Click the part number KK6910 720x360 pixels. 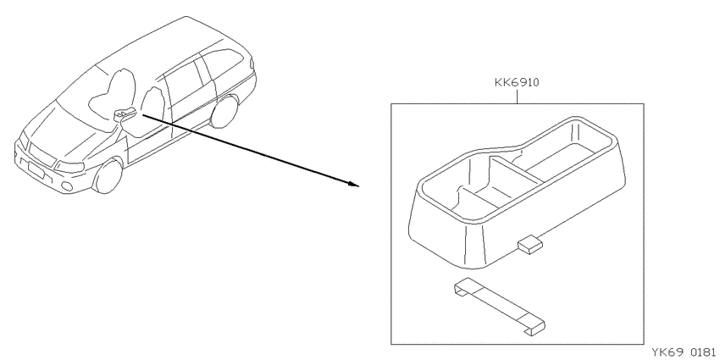click(x=517, y=83)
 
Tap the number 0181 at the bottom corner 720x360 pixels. click(x=703, y=352)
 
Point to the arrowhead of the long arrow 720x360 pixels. click(x=352, y=184)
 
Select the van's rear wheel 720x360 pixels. click(x=224, y=111)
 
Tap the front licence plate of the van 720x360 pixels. click(x=35, y=171)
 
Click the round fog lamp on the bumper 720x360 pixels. click(x=67, y=186)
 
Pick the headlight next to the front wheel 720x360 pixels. click(x=69, y=166)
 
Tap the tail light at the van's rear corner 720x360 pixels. click(x=252, y=64)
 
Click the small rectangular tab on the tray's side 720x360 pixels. click(x=530, y=244)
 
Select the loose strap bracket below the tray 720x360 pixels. click(x=500, y=307)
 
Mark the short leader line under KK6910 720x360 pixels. click(x=517, y=97)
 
